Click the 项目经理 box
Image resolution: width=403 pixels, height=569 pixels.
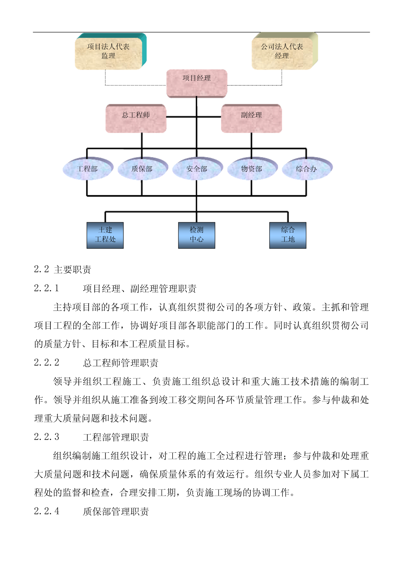click(197, 83)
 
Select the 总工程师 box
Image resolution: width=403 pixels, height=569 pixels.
click(136, 118)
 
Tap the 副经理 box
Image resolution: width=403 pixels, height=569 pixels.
click(251, 118)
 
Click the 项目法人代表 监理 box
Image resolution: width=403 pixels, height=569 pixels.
click(110, 51)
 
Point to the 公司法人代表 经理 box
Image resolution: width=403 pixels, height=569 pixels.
click(285, 51)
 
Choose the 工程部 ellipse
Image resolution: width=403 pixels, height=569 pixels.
click(88, 168)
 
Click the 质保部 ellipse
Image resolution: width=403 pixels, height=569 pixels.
click(143, 168)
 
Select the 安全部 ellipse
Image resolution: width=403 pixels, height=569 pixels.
click(197, 168)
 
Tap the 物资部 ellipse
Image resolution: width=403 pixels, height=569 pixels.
click(252, 168)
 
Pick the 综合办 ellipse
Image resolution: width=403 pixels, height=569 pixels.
click(307, 168)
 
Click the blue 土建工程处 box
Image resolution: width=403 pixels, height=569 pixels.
click(105, 235)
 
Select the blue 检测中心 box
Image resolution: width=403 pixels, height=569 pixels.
click(197, 235)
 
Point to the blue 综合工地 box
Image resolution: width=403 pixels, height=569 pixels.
click(288, 235)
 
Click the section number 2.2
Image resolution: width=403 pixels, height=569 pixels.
click(42, 269)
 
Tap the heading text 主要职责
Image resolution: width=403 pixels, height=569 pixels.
click(72, 270)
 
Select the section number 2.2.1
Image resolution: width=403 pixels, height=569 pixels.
click(47, 288)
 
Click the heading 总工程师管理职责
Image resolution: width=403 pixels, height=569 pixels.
click(120, 363)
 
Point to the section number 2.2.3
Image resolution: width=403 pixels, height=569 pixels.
click(47, 437)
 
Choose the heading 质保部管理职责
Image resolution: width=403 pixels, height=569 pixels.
click(116, 511)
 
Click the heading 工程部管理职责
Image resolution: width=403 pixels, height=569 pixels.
click(116, 437)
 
